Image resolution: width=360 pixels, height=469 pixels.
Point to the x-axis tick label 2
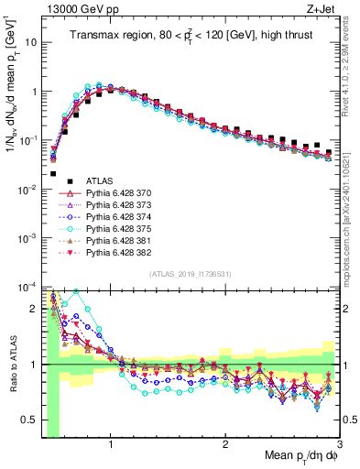click(x=225, y=442)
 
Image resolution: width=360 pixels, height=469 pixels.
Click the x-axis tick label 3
click(x=339, y=442)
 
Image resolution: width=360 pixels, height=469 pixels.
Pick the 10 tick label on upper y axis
click(x=30, y=42)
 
